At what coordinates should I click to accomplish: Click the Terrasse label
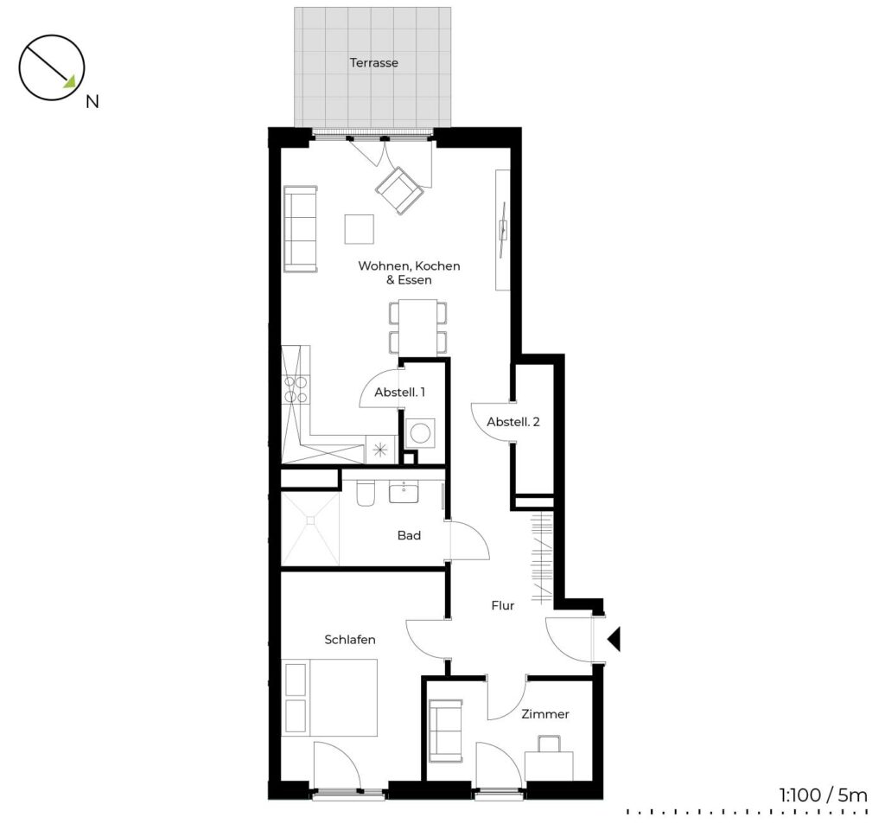[373, 62]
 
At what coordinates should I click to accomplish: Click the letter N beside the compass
[92, 102]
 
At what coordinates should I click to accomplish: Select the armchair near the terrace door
[399, 190]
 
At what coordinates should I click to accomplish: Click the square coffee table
[359, 228]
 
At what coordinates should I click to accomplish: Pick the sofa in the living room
[300, 228]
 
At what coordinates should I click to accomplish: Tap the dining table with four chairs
[417, 328]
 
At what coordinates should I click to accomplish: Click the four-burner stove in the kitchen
[296, 389]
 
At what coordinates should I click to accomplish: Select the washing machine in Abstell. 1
[421, 433]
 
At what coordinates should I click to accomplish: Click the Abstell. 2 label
[513, 422]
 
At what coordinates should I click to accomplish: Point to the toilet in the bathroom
[365, 494]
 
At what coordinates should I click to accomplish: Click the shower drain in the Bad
[310, 520]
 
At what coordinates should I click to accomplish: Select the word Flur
[502, 606]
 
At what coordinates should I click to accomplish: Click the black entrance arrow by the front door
[614, 639]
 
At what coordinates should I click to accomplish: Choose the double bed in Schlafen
[329, 698]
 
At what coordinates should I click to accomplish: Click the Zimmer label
[544, 714]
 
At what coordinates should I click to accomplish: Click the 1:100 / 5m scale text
[823, 796]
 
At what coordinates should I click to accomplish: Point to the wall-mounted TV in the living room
[503, 230]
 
